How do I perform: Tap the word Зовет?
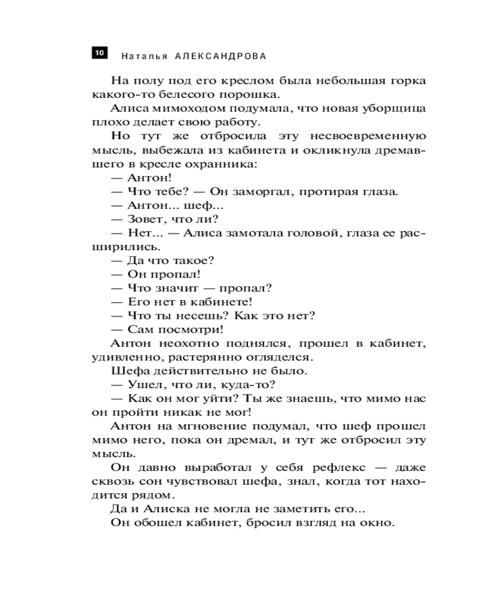[144, 219]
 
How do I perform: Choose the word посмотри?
[186, 329]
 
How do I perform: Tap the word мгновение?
[207, 426]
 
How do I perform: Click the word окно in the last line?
[378, 523]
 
